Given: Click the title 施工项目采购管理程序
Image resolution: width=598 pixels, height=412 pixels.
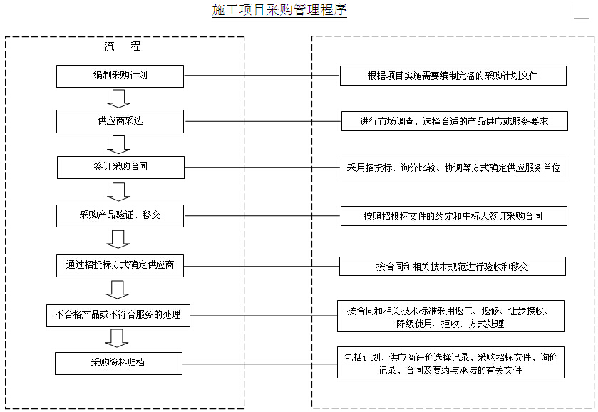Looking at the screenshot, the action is (x=279, y=9).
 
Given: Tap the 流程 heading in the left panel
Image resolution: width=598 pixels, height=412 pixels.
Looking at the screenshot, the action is (x=123, y=46).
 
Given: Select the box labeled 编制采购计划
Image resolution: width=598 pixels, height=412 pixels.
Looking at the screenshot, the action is (x=120, y=76).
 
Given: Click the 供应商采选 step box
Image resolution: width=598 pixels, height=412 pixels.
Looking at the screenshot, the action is (x=120, y=122).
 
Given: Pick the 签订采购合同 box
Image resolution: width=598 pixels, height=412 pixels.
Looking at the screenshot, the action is (x=120, y=168).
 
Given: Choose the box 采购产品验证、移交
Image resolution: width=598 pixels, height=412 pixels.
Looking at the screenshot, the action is (x=120, y=216).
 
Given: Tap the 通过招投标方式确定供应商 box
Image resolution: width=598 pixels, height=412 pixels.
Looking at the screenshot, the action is (x=120, y=266).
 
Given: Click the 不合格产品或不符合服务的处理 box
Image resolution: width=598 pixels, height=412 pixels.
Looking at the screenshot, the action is (x=118, y=316).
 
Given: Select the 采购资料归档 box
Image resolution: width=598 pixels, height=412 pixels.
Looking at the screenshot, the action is (x=118, y=364).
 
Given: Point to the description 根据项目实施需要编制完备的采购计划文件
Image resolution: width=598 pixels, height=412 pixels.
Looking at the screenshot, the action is (x=453, y=76).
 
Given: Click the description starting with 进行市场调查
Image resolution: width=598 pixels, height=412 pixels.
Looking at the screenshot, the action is (x=455, y=121).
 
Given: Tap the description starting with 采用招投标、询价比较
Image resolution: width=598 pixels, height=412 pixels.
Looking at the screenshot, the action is (x=454, y=168).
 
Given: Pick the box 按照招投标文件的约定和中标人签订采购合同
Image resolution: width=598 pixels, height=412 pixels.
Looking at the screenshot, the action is (x=454, y=216).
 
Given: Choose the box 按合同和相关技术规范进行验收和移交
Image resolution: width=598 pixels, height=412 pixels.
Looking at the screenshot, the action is (x=453, y=267).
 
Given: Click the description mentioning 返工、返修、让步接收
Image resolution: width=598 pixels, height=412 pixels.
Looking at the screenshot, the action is (x=450, y=316).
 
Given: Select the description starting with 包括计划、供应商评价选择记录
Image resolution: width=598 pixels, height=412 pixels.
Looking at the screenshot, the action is (x=450, y=362).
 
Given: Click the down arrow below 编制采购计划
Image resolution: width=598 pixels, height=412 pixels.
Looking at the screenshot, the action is (x=118, y=99).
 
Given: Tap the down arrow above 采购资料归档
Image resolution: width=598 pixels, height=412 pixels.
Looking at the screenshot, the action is (x=117, y=339).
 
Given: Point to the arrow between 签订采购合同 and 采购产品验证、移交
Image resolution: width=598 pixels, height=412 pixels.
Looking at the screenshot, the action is (x=118, y=192).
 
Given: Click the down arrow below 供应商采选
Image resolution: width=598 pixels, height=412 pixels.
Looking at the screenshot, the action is (x=118, y=145).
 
